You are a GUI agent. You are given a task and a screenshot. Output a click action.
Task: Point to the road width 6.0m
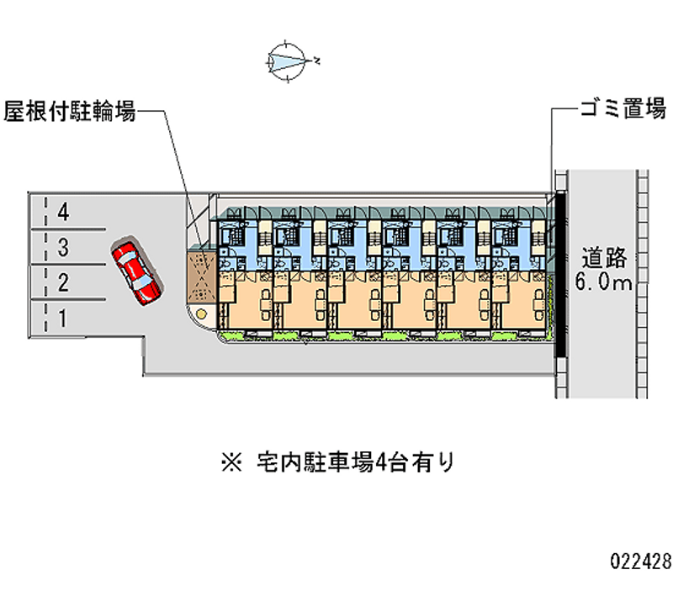pyautogui.click(x=603, y=282)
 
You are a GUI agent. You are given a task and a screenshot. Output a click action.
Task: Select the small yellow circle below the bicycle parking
pyautogui.click(x=202, y=313)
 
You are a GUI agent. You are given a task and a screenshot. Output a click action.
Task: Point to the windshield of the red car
pyautogui.click(x=142, y=278)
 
